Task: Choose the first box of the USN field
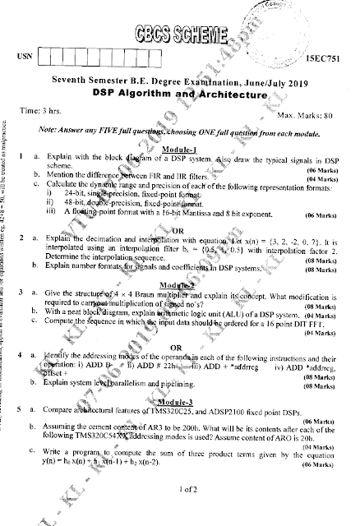[48, 57]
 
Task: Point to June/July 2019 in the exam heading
[247, 83]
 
